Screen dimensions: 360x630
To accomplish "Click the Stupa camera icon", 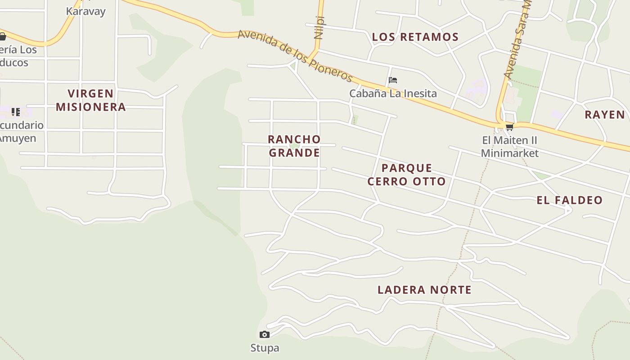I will point(265,334).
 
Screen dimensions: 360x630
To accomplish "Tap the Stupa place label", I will point(265,348).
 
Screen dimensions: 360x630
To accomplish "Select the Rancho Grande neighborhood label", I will point(294,146).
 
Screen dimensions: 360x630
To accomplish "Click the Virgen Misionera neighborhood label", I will point(91,100).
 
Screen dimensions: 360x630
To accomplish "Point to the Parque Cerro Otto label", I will point(407,175).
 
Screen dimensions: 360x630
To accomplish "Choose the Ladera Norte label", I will point(424,290).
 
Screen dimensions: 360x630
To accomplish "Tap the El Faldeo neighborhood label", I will point(569,200).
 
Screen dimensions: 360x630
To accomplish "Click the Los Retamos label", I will point(415,37).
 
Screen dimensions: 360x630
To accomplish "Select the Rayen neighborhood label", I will point(605,114).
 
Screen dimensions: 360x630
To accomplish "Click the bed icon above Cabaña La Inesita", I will point(393,81).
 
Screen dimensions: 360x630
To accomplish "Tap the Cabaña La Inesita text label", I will point(393,94).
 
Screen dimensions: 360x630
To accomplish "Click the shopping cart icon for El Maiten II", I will point(509,127).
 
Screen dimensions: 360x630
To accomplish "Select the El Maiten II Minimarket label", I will point(509,147).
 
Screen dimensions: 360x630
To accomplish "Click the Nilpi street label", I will point(319,27).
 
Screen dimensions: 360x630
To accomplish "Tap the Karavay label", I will point(85,11).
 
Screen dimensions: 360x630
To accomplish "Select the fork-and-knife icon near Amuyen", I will point(16,112).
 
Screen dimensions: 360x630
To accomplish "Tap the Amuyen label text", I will point(17,138).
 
